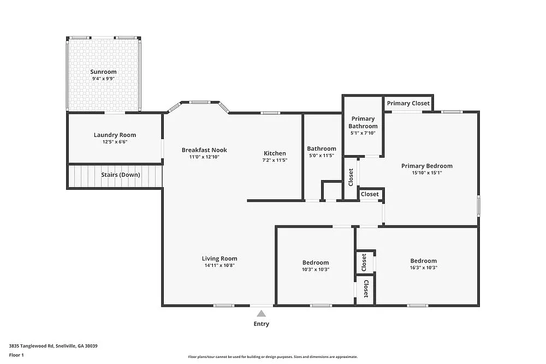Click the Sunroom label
(x=103, y=71)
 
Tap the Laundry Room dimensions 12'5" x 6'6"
(x=115, y=142)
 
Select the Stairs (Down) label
(x=120, y=175)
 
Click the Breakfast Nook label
(x=204, y=150)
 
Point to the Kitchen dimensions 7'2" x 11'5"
(x=275, y=160)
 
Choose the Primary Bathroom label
(x=363, y=122)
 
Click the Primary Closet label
(x=408, y=103)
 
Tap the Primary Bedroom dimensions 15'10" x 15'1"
(x=426, y=173)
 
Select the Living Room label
(x=219, y=259)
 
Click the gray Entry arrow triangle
(x=262, y=313)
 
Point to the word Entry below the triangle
(x=262, y=324)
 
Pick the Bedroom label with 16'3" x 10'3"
(x=424, y=261)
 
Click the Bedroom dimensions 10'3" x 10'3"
(x=316, y=269)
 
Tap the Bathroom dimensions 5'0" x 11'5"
(x=321, y=156)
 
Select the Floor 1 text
(x=16, y=355)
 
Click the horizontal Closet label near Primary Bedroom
(x=370, y=194)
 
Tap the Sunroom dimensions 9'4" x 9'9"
(x=103, y=79)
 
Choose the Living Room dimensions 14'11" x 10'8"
(x=219, y=266)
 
